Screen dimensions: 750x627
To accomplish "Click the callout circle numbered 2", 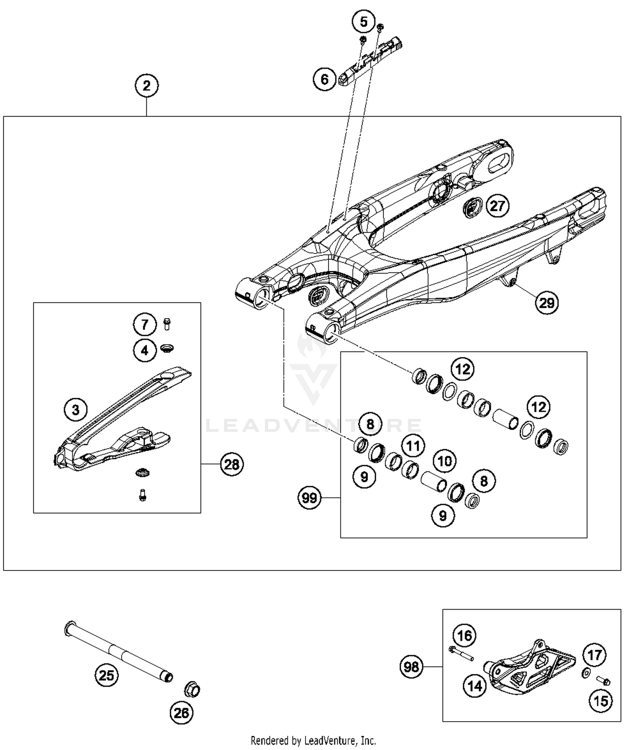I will [x=146, y=86].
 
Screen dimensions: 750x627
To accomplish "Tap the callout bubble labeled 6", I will [x=325, y=79].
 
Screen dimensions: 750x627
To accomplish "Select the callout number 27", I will [x=497, y=206].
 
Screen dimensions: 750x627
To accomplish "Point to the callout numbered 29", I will [x=547, y=303].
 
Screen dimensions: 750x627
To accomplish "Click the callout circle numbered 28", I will [x=232, y=464].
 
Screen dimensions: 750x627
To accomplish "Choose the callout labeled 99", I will [x=310, y=498].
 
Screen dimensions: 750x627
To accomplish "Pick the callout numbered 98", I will [x=412, y=666].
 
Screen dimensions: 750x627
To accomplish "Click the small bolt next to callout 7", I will [x=167, y=324].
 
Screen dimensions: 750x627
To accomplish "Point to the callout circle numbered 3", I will [x=76, y=409].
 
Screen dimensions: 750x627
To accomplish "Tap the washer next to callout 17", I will [x=586, y=673].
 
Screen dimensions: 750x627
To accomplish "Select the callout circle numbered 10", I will [x=445, y=461].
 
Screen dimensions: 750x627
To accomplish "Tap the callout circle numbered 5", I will [x=364, y=22].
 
